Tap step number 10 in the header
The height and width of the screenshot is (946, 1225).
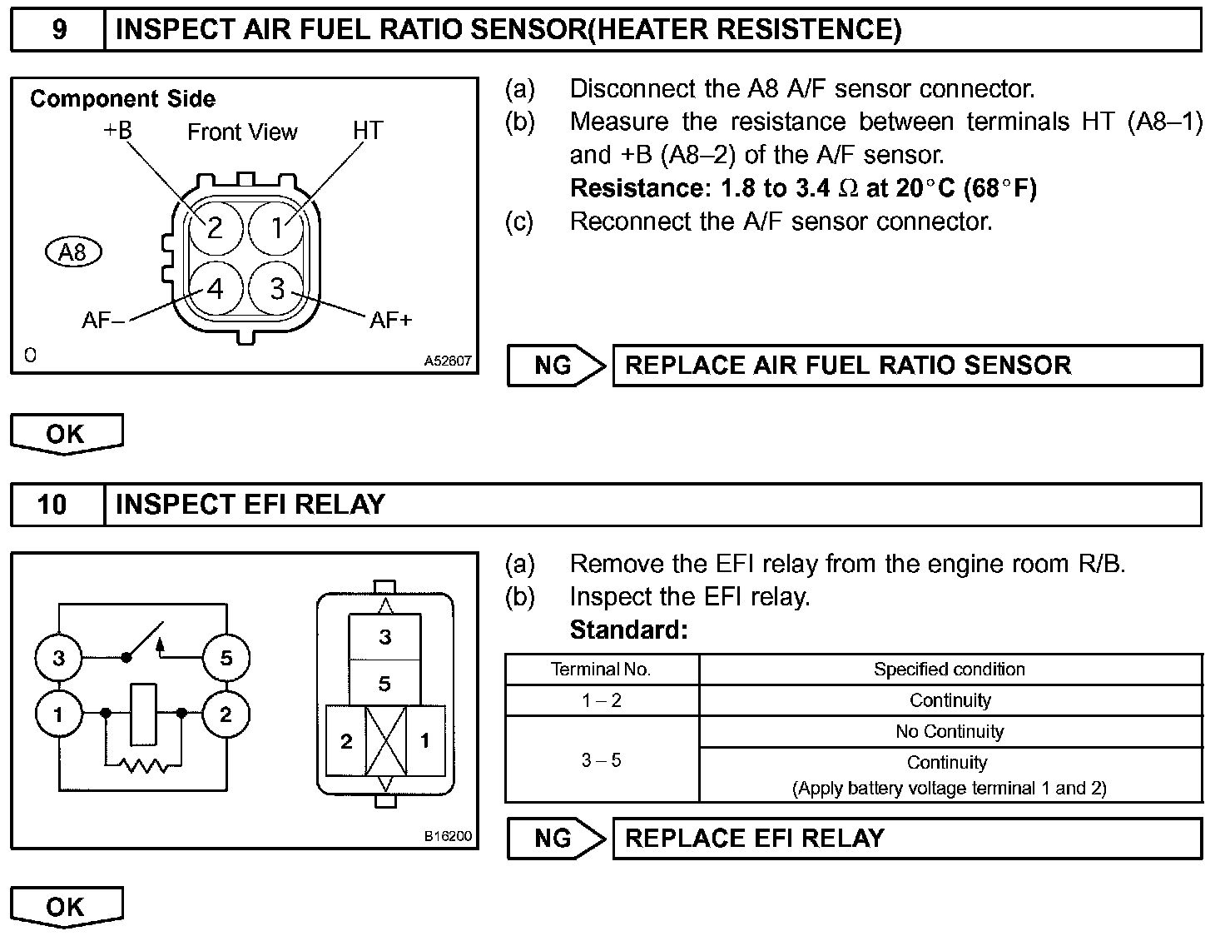[52, 505]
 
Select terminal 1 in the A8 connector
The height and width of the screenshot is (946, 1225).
[277, 227]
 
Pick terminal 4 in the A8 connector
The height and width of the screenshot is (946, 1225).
[216, 289]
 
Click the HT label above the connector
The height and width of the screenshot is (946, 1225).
[368, 131]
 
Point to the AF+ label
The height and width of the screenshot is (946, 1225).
[390, 320]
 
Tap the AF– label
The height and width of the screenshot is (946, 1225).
[103, 320]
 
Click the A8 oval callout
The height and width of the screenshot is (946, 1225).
[73, 251]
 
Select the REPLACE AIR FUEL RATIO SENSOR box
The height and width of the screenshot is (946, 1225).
[906, 366]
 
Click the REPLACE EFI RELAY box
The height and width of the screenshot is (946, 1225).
[906, 838]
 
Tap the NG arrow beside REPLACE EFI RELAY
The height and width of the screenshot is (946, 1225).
[556, 838]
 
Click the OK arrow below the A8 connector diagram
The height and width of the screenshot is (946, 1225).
[67, 434]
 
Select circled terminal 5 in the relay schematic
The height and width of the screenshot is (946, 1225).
[226, 658]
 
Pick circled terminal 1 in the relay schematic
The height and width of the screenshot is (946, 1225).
[58, 714]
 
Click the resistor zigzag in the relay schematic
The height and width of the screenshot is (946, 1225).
[143, 764]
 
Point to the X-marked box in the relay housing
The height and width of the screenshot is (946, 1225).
[385, 741]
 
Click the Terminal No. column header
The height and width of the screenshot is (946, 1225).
[601, 670]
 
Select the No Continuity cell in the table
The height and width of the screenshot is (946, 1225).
[950, 732]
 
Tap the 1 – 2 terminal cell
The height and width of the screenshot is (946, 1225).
[601, 700]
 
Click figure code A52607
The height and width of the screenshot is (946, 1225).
[448, 361]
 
